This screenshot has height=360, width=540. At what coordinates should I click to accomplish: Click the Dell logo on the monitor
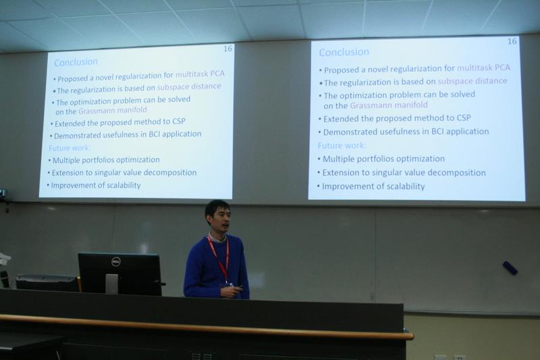[x=115, y=263]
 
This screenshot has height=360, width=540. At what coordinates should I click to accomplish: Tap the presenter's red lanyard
[x=219, y=257]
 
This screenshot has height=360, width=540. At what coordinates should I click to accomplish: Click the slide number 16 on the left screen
[x=227, y=49]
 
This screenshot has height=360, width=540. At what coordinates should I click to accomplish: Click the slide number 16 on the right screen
[x=512, y=41]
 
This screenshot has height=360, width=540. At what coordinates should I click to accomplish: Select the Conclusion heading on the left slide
[x=76, y=62]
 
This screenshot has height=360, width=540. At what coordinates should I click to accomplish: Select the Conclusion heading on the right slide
[x=344, y=52]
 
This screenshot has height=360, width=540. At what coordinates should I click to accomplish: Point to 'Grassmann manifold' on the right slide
[x=389, y=105]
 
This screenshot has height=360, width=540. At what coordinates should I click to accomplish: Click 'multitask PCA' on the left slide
[x=200, y=74]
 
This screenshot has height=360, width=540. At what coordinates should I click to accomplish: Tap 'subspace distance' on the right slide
[x=472, y=81]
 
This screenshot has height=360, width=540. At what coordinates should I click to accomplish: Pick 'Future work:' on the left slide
[x=70, y=148]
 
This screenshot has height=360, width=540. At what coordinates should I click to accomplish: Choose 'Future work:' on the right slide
[x=342, y=146]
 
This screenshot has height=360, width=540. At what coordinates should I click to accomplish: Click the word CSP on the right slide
[x=464, y=118]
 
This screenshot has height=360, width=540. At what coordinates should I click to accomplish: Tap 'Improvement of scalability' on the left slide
[x=96, y=185]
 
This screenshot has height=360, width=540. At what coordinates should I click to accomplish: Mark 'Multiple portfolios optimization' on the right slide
[x=383, y=159]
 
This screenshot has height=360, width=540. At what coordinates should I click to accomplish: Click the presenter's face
[x=219, y=220]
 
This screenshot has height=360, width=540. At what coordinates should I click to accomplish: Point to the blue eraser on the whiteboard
[x=510, y=267]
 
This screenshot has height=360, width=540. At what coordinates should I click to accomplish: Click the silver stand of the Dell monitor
[x=111, y=284]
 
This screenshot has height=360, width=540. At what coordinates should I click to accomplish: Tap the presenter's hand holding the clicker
[x=230, y=292]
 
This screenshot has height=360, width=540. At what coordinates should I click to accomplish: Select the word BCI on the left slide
[x=154, y=134]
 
